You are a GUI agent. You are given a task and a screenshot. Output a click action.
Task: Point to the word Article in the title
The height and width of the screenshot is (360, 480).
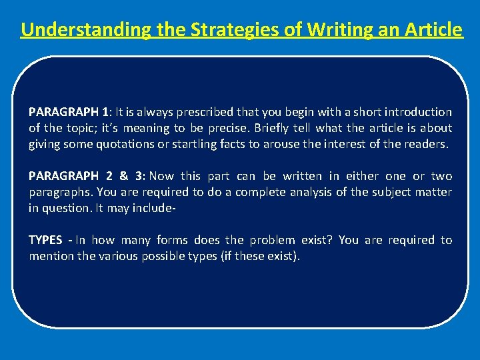[427, 30]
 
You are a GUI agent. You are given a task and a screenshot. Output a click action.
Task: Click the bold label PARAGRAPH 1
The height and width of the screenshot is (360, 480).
[69, 112]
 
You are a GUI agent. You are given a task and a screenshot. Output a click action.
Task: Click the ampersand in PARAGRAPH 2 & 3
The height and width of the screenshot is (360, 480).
[123, 176]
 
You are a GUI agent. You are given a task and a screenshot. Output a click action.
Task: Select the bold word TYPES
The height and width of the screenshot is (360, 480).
[46, 240]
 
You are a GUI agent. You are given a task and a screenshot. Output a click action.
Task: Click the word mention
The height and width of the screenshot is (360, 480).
[51, 256]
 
